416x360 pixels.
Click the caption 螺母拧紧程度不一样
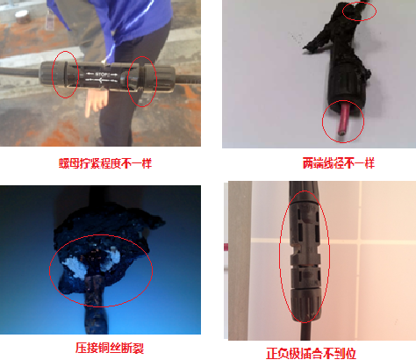coord(105,163)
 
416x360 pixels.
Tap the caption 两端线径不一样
coord(339,163)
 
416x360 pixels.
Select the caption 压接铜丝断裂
coord(110,348)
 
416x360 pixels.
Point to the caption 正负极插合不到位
coord(311,353)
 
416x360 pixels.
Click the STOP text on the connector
coord(103,75)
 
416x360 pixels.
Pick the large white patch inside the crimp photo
coord(75,268)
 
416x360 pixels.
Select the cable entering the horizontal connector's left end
coord(20,72)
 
